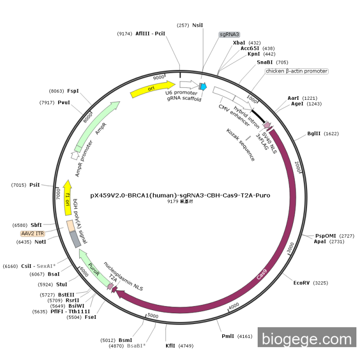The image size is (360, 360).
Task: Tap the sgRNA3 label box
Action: [x=229, y=34]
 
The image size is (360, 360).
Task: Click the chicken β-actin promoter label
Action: [x=297, y=71]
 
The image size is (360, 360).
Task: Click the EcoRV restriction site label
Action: [x=302, y=283]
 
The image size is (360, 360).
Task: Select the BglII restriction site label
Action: [x=314, y=133]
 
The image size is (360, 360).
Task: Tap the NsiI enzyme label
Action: [x=198, y=25]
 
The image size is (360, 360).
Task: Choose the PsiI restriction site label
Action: [x=34, y=184]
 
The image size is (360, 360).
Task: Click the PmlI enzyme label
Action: [x=228, y=336]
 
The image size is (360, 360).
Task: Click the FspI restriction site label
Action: [x=73, y=91]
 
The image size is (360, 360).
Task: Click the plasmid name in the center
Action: [x=180, y=195]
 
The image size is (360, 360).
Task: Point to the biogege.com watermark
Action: [x=307, y=339]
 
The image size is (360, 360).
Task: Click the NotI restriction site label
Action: [x=40, y=242]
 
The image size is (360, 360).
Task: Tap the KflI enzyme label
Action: [x=170, y=346]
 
